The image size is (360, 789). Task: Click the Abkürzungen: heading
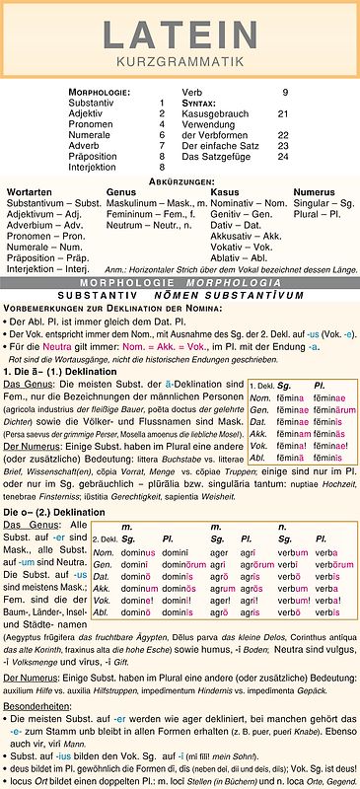click(x=180, y=181)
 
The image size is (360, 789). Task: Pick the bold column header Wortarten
click(x=30, y=191)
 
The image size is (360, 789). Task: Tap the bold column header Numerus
click(x=315, y=191)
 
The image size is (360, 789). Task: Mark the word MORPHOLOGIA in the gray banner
click(x=245, y=282)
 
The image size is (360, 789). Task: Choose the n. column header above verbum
click(x=283, y=527)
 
